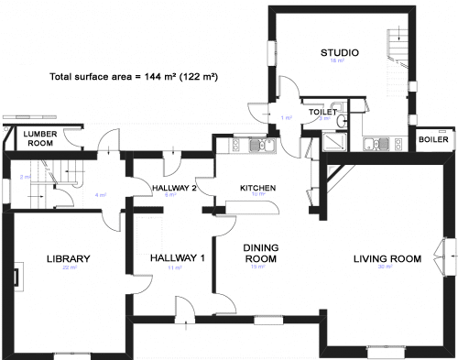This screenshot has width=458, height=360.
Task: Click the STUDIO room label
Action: [x=339, y=52]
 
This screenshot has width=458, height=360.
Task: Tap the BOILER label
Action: [x=433, y=140]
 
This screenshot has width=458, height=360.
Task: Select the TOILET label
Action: [x=321, y=112]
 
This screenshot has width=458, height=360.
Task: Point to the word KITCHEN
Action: [x=257, y=188]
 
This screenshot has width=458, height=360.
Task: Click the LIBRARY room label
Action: [x=65, y=259]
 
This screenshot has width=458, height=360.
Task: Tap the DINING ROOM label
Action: [x=259, y=253]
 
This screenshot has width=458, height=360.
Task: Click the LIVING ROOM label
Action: [x=387, y=259]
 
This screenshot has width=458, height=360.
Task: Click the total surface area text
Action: [x=133, y=78]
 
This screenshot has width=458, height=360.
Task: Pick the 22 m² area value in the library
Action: [x=65, y=268]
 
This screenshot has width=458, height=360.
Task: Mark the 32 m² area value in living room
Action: [x=387, y=267]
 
